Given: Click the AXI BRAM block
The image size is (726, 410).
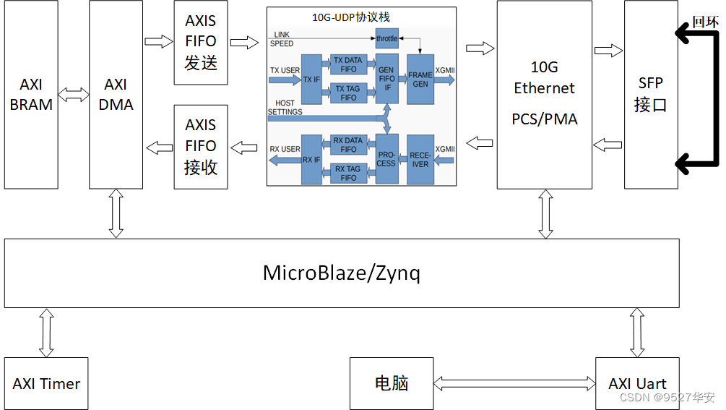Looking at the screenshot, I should pyautogui.click(x=31, y=95).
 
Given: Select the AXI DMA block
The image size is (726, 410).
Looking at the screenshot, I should pyautogui.click(x=116, y=95).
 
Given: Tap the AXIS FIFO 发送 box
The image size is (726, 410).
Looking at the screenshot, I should pyautogui.click(x=201, y=42).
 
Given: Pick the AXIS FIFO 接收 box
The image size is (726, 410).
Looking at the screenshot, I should pyautogui.click(x=201, y=146).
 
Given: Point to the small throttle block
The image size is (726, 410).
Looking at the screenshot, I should pyautogui.click(x=386, y=38).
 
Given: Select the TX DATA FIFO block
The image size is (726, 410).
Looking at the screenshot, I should pyautogui.click(x=348, y=65).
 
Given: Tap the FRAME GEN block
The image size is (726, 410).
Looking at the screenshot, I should pyautogui.click(x=420, y=80).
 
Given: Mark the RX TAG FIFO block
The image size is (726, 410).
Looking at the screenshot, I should pyautogui.click(x=348, y=174).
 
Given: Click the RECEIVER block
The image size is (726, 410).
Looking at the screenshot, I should pyautogui.click(x=420, y=160).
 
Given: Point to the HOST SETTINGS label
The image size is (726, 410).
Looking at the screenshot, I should pyautogui.click(x=285, y=108).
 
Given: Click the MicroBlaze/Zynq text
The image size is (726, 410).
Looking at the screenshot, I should pyautogui.click(x=341, y=273).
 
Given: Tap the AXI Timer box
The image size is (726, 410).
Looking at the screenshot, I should pyautogui.click(x=46, y=383).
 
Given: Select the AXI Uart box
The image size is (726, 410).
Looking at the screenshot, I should pyautogui.click(x=637, y=383).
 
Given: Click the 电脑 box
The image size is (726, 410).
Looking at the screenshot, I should pyautogui.click(x=392, y=383).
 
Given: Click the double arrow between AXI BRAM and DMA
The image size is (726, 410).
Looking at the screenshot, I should pyautogui.click(x=74, y=95).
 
